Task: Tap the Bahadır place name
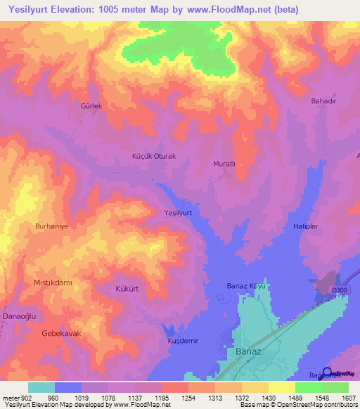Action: [324, 100]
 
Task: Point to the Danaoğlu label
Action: [16, 318]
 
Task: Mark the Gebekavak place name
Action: [57, 332]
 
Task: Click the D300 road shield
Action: [341, 290]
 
